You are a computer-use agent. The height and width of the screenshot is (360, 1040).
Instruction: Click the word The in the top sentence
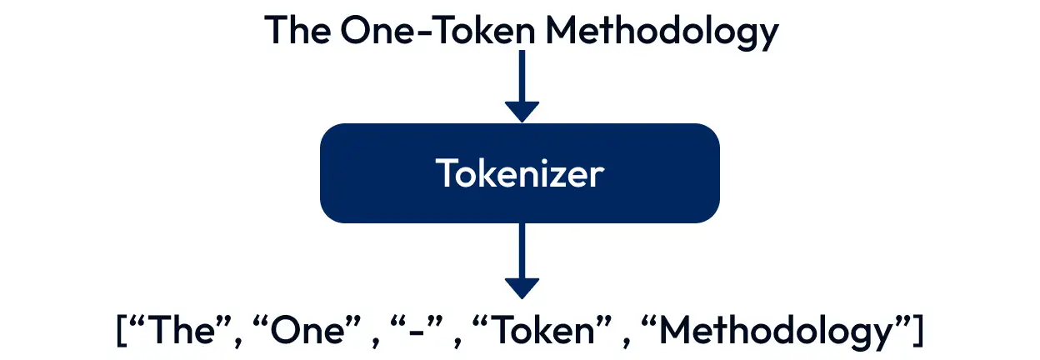click(x=296, y=31)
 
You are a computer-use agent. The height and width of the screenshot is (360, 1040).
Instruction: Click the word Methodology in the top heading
click(x=662, y=32)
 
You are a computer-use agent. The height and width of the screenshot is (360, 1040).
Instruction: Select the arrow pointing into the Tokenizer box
click(x=522, y=83)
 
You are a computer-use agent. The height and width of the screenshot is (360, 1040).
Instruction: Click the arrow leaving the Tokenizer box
click(x=522, y=258)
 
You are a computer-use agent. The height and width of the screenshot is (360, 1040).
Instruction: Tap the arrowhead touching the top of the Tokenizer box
click(x=522, y=111)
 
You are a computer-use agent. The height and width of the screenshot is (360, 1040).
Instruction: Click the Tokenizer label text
click(x=520, y=173)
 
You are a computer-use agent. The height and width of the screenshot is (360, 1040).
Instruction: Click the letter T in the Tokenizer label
click(x=445, y=173)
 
